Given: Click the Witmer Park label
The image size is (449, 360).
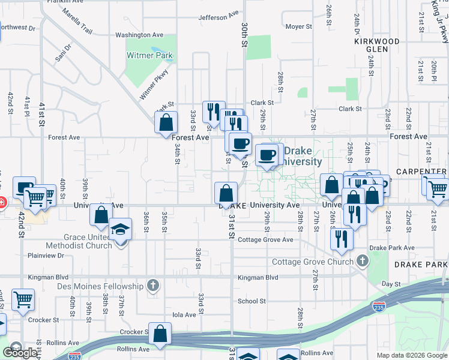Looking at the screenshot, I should [x=149, y=56].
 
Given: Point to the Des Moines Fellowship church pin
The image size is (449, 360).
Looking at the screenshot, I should [x=154, y=286].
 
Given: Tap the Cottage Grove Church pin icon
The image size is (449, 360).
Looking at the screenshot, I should [x=362, y=261].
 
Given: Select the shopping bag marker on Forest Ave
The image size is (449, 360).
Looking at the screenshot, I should [x=166, y=122].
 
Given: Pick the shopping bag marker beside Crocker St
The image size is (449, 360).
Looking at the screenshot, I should [x=160, y=335].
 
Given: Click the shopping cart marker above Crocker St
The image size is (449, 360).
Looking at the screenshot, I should [x=23, y=299].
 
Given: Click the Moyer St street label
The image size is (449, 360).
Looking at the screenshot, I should [x=298, y=26].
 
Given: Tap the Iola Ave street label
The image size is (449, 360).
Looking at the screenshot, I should [x=184, y=314].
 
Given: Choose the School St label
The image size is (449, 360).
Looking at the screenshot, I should [x=251, y=301].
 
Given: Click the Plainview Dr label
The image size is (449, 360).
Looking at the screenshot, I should [x=45, y=256].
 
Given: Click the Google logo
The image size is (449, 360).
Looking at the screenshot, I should [x=20, y=353].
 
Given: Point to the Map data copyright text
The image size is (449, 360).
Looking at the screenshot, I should [x=412, y=355].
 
